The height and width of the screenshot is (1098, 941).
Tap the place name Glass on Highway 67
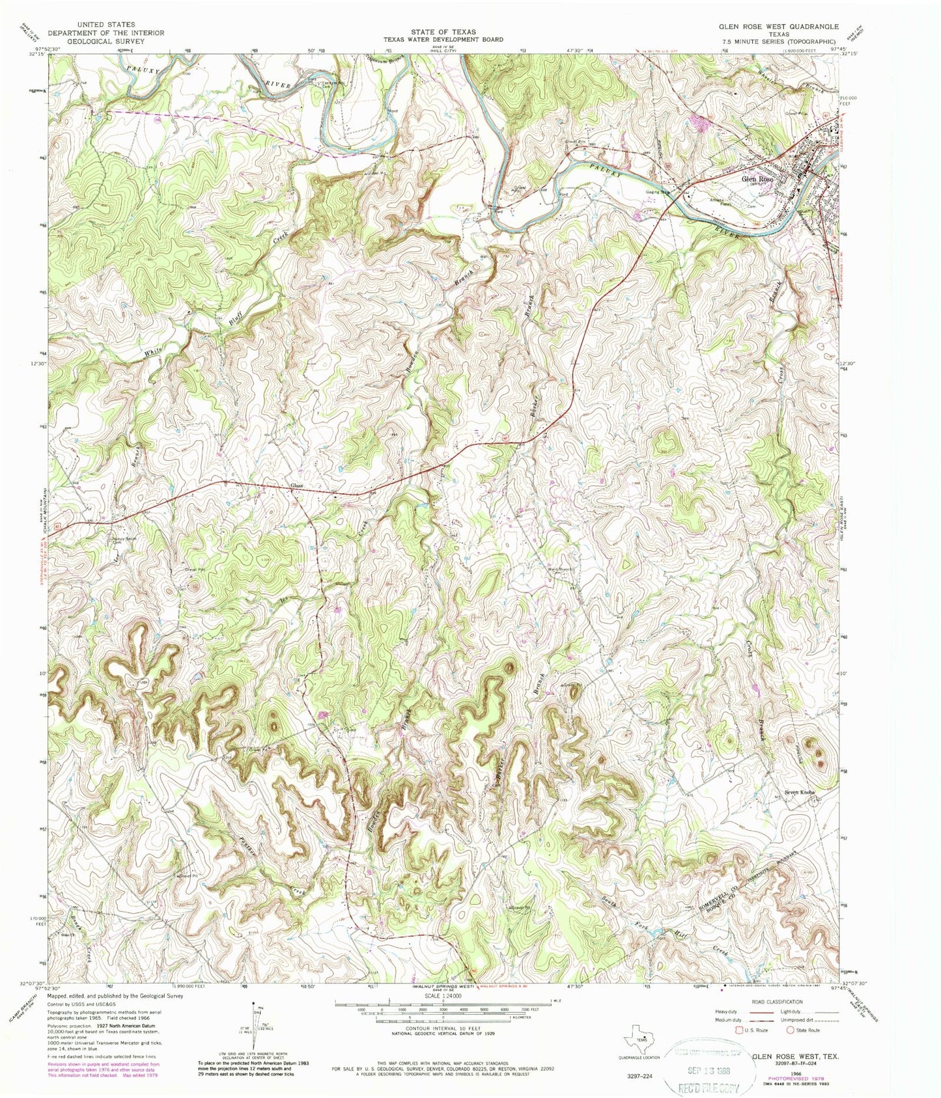point(297,486)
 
